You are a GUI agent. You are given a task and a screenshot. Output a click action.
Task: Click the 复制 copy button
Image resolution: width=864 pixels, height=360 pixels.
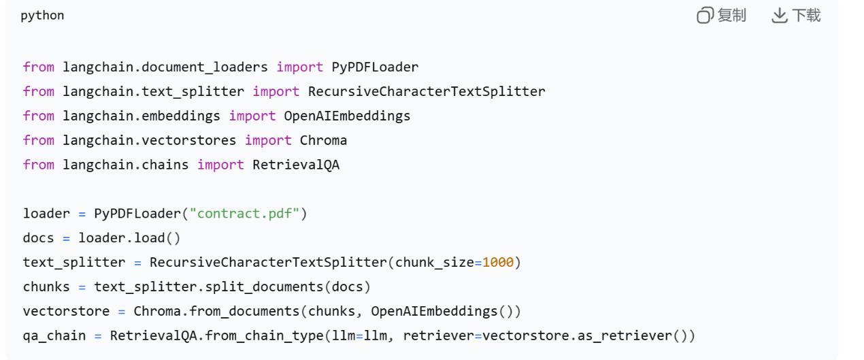point(722,16)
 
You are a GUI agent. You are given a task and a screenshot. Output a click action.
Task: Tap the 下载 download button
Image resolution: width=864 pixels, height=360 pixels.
point(797,16)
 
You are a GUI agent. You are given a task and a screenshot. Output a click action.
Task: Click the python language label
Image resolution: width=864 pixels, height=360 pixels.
point(42,16)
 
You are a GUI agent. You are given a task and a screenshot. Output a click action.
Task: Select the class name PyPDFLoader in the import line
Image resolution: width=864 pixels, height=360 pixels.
point(375,67)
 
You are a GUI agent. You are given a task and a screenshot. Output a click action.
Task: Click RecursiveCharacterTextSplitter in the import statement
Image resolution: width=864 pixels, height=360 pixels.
point(427,91)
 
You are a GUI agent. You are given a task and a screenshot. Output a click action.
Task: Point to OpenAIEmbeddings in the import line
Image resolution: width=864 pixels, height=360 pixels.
point(347,116)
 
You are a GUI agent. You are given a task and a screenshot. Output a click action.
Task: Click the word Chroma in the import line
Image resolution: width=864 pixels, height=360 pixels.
point(323,140)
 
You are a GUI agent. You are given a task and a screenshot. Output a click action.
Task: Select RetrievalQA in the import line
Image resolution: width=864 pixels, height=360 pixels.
point(296,165)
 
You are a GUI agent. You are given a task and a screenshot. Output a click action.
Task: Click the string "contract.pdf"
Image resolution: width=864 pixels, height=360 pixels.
point(244,214)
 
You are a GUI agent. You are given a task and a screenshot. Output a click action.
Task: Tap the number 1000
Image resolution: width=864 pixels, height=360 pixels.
point(498,262)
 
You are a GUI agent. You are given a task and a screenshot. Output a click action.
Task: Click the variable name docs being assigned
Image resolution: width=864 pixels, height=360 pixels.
point(38,238)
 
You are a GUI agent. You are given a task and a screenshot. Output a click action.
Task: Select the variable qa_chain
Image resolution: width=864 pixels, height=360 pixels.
point(54,336)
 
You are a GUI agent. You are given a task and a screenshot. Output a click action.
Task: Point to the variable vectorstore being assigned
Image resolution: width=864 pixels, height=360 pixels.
point(66,311)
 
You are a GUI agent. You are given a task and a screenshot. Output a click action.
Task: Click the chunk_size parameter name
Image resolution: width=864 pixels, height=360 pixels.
point(434,262)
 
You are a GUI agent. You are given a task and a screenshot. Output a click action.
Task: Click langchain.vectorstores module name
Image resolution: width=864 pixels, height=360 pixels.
point(150,140)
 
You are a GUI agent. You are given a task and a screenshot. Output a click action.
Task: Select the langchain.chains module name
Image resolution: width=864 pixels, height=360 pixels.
point(126,165)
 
